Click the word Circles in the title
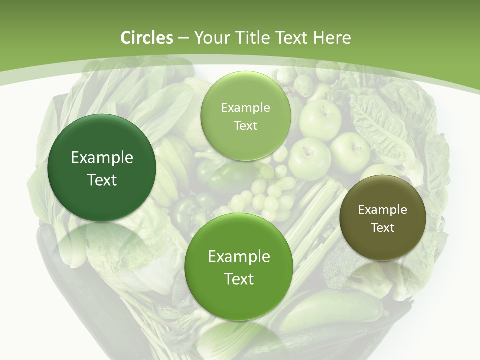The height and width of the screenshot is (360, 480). click(x=146, y=38)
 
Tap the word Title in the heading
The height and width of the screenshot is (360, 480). click(x=252, y=38)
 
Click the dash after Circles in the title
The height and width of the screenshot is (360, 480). click(x=183, y=38)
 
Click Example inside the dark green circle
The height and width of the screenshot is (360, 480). click(x=102, y=158)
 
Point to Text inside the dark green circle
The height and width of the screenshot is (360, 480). click(x=102, y=180)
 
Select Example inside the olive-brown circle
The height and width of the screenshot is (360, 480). click(x=383, y=210)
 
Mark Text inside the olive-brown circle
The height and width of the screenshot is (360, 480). click(x=383, y=228)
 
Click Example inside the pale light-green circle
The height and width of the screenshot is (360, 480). click(x=245, y=108)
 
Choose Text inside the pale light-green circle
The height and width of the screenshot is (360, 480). click(x=245, y=126)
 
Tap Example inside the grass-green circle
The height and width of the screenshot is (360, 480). click(x=239, y=257)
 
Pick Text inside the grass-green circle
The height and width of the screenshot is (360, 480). click(x=239, y=279)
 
